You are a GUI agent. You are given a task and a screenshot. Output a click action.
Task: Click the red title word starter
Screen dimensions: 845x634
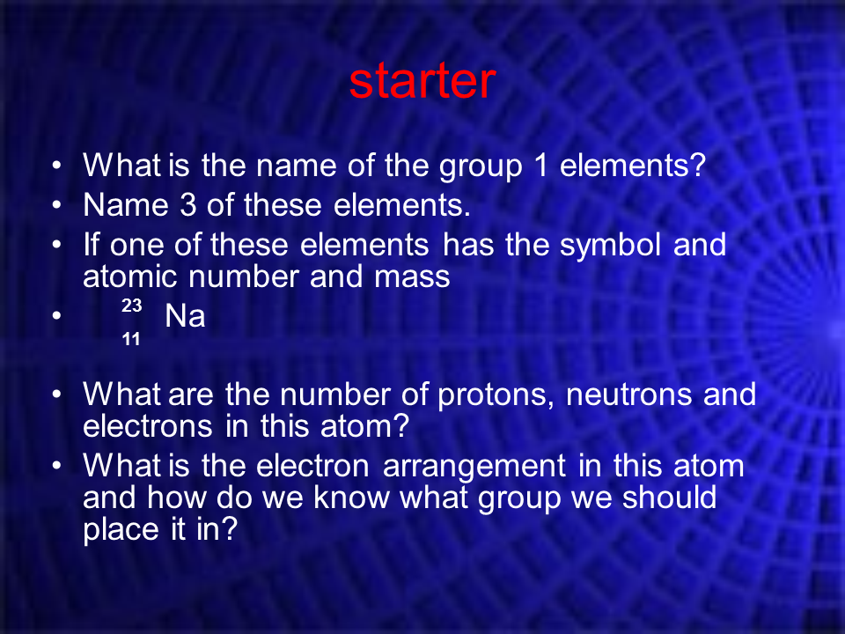[422, 81]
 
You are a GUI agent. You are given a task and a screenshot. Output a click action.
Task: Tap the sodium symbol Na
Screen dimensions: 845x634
[185, 315]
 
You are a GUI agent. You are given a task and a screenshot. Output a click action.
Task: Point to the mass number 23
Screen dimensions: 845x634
[131, 306]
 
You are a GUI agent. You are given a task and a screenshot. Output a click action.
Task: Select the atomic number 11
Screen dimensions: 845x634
[131, 339]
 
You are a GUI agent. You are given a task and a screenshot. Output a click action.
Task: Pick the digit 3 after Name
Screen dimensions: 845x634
[187, 205]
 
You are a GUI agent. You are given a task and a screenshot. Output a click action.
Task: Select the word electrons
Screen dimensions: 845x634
[148, 426]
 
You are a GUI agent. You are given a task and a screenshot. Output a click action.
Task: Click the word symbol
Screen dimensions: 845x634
[610, 247]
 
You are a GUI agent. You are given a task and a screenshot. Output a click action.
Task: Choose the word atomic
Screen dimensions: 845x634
[130, 277]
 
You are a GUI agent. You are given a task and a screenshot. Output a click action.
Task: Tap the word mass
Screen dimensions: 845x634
[412, 278]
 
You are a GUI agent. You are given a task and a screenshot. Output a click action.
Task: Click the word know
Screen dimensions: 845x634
[351, 498]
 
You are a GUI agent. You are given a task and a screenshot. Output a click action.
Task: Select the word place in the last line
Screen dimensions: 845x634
[121, 530]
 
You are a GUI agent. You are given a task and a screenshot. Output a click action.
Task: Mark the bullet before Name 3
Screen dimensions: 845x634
[57, 205]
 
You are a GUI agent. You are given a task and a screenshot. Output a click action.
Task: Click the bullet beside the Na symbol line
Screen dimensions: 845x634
[57, 316]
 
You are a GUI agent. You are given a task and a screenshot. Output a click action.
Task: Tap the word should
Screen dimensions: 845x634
[669, 498]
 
